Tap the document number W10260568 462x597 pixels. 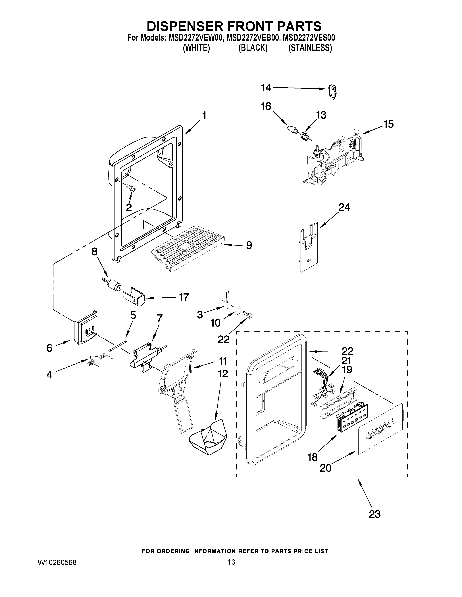click(57, 562)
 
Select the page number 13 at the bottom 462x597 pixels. click(231, 562)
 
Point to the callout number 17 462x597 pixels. click(184, 297)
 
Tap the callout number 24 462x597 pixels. click(344, 208)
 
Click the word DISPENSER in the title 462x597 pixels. click(185, 26)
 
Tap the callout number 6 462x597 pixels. click(49, 348)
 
